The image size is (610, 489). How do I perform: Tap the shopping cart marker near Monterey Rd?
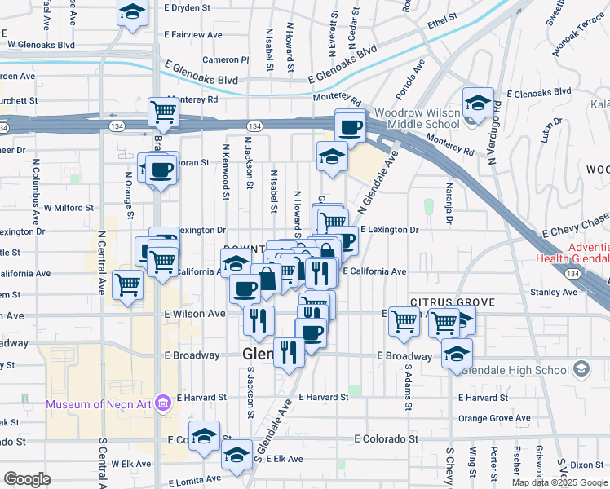point(164,112)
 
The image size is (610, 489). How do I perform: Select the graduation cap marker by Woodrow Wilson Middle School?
point(477,103)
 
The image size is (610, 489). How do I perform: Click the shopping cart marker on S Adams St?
point(404,321)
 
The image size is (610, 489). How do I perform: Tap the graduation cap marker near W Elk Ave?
point(237,455)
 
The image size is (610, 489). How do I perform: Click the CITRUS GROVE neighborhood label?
point(453,302)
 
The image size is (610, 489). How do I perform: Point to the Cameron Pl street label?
point(226,59)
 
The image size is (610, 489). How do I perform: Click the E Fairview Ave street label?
point(193,35)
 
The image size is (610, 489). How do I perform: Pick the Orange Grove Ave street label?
point(495,418)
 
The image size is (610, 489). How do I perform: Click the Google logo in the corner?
point(27,479)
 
